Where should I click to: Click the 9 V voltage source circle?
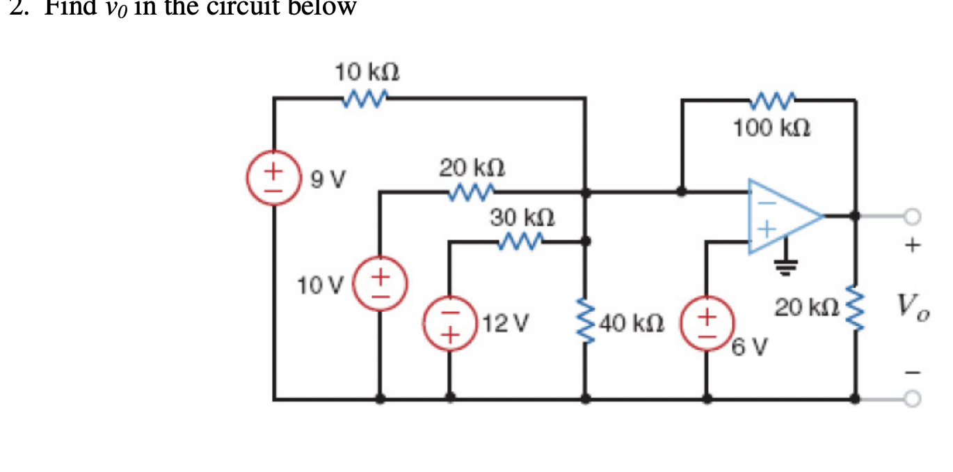click(x=273, y=177)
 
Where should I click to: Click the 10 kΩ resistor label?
click(x=367, y=72)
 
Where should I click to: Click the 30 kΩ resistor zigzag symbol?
click(x=520, y=242)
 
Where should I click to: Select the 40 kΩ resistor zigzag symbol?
click(x=586, y=323)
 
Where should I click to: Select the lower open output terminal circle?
click(x=912, y=398)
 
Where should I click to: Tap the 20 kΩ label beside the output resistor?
click(x=799, y=307)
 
